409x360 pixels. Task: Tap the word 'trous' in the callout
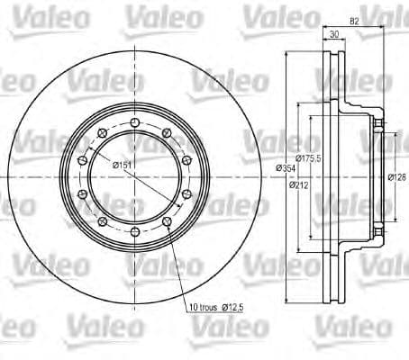211,309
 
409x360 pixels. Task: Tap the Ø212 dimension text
299,187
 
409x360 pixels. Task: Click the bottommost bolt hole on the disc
134,233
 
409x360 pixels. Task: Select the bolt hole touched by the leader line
167,222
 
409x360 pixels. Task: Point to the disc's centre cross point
134,177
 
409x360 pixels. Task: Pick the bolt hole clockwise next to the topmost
167,133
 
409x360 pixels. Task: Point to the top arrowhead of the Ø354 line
287,53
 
